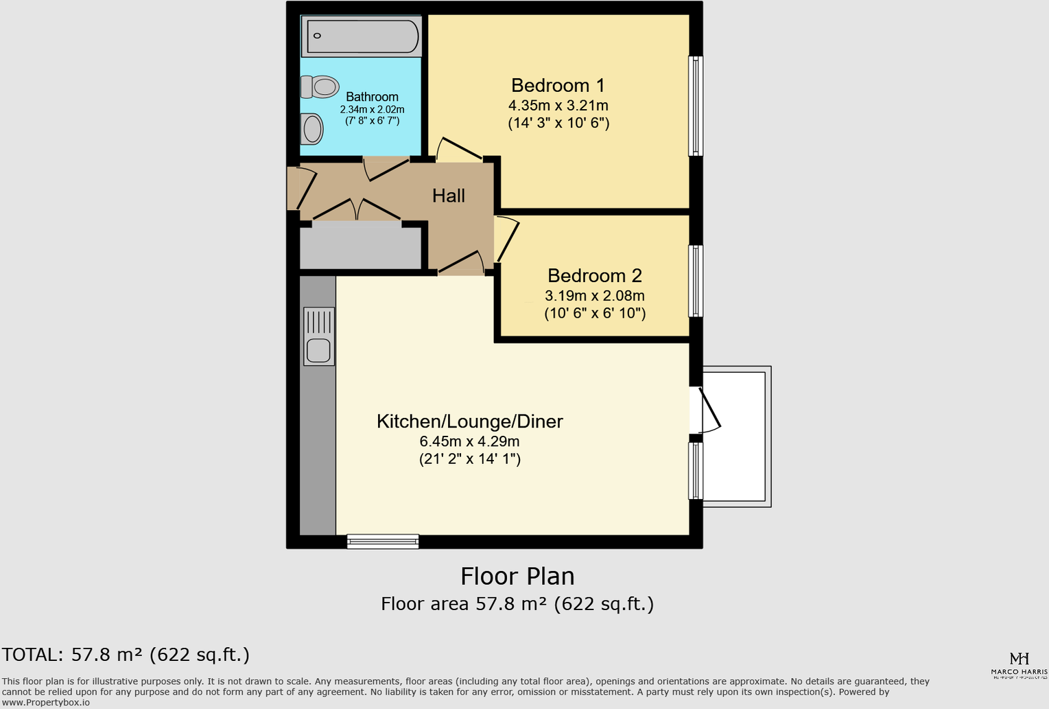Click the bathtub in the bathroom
(x=362, y=36)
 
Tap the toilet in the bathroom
(x=320, y=87)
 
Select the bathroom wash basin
(x=312, y=129)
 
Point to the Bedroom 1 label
(x=558, y=86)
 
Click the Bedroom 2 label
(x=594, y=276)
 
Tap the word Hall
(x=449, y=196)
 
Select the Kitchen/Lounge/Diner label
(x=469, y=421)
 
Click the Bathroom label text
(x=372, y=97)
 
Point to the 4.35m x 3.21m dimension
(x=558, y=106)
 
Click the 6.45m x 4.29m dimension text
(x=469, y=441)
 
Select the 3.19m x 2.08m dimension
(x=594, y=296)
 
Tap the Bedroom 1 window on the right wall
(x=695, y=106)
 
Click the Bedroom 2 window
(x=695, y=281)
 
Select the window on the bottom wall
(x=383, y=542)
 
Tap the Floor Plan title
(x=517, y=577)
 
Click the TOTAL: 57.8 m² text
(x=126, y=655)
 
